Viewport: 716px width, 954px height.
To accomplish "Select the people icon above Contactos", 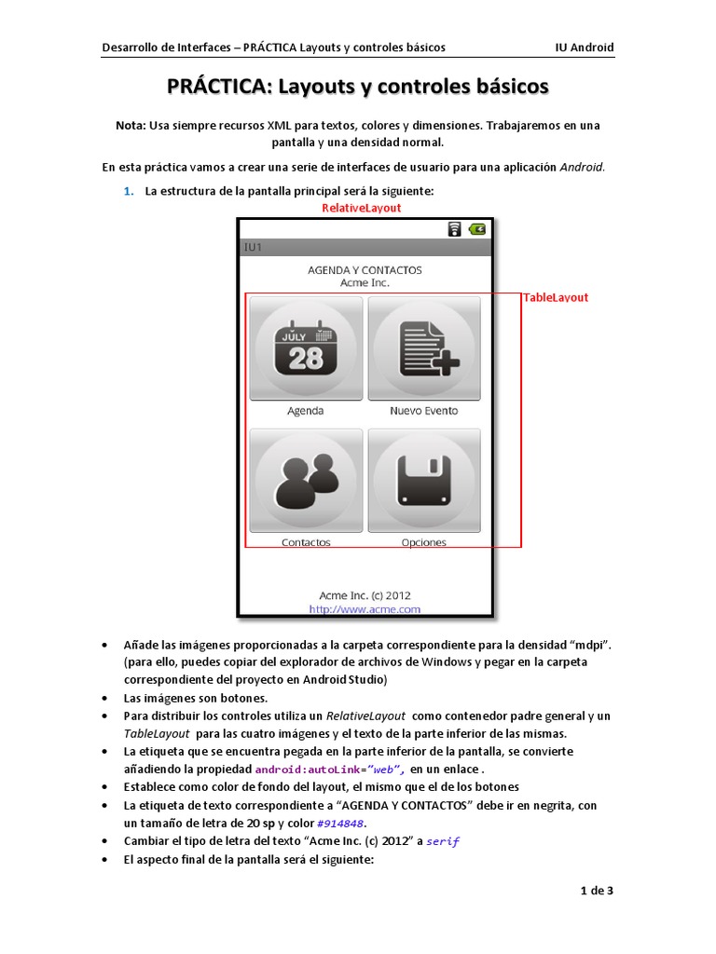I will tap(305, 480).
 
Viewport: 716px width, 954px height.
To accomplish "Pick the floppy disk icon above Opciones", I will tap(424, 480).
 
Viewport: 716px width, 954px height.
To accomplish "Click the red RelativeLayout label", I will tap(361, 208).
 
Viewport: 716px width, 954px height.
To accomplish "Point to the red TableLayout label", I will tap(556, 297).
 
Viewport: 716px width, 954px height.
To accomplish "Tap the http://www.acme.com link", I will tap(365, 609).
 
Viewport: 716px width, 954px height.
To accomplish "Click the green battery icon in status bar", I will tap(477, 229).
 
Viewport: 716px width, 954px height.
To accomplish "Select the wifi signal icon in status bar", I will tap(454, 229).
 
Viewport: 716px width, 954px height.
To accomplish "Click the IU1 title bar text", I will tap(253, 248).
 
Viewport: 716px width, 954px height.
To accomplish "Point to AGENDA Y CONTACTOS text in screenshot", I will tap(365, 270).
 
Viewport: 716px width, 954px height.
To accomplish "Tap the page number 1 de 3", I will tap(597, 891).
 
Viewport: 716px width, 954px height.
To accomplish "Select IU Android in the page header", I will tap(585, 48).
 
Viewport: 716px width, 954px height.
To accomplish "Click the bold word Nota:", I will tap(131, 125).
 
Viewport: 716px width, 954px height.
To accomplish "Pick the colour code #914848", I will tap(341, 824).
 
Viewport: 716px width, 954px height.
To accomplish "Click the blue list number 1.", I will tap(129, 191).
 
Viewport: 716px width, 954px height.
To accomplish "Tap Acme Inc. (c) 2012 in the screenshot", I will tap(365, 595).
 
